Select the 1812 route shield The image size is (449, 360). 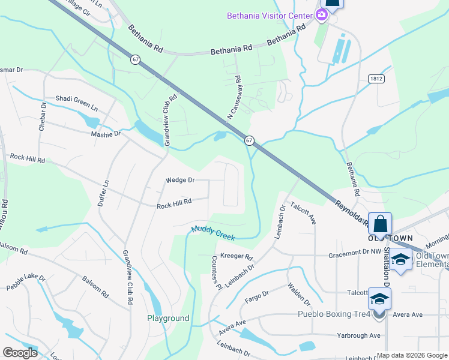click(376, 79)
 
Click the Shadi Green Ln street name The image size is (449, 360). click(76, 101)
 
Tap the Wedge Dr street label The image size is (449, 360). click(181, 179)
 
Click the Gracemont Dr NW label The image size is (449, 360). click(354, 255)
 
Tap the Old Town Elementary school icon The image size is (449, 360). click(400, 259)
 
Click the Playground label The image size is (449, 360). click(168, 318)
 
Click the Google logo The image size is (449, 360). click(20, 353)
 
